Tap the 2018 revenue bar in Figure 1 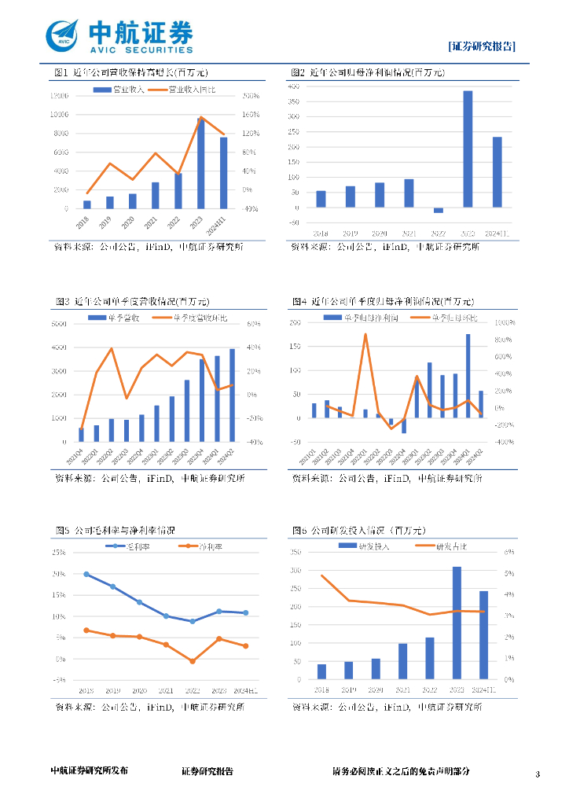[x=87, y=204]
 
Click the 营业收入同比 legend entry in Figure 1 [x=196, y=90]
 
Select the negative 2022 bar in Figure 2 [x=439, y=210]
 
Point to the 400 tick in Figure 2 [x=294, y=86]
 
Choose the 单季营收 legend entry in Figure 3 [x=117, y=318]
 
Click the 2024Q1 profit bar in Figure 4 [x=468, y=376]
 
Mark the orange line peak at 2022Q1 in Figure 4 [x=365, y=335]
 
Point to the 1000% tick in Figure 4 [x=505, y=323]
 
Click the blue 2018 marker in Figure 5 [x=86, y=574]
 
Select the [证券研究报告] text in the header [x=482, y=46]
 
